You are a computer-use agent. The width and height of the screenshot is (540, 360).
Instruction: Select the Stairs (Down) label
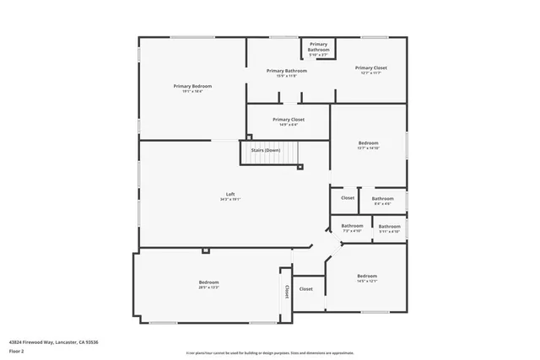coord(266,150)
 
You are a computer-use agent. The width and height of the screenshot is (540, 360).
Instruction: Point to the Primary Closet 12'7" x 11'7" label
coord(370,69)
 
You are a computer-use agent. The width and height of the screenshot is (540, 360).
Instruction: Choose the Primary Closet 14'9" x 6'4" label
coord(289,121)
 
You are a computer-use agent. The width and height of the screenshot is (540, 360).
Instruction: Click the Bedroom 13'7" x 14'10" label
coord(368,144)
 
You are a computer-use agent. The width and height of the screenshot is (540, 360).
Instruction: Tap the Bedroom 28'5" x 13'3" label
coord(208,283)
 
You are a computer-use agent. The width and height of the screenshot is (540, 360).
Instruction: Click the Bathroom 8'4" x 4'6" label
coord(382,201)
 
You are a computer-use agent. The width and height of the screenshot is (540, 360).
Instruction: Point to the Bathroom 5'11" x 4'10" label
coord(389,228)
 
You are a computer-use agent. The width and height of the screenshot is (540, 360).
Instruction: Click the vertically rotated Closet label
coord(287,291)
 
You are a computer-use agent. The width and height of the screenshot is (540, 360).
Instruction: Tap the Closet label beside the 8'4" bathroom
coord(348,198)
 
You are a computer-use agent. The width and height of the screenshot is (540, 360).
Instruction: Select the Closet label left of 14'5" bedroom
coord(305,289)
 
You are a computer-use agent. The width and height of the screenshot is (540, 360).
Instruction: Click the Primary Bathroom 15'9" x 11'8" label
coord(287,73)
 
